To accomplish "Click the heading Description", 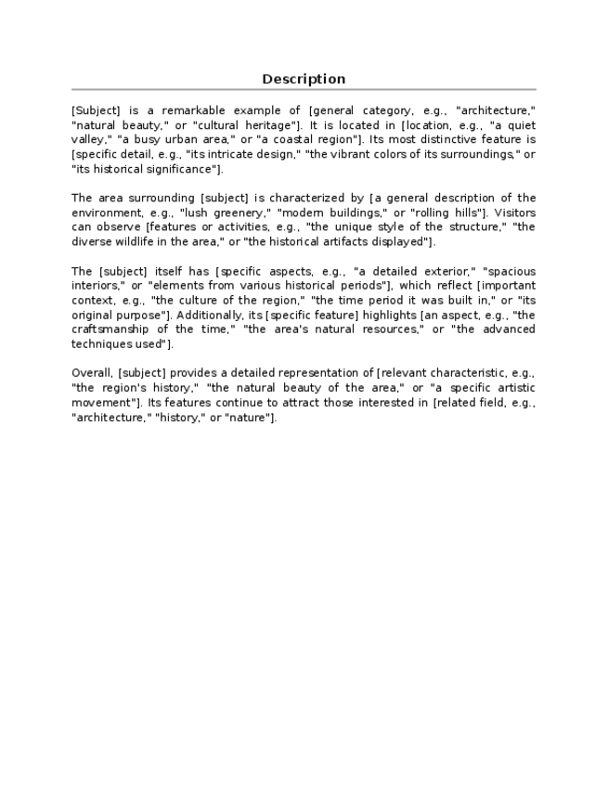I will point(304,79).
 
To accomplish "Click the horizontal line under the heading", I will point(304,90).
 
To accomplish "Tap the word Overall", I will point(90,372).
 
